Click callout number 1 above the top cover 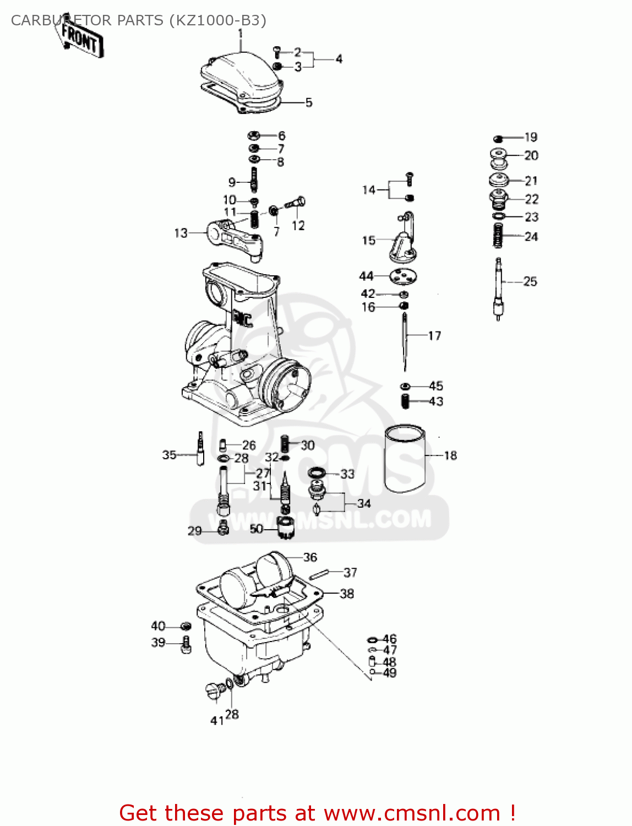click(x=240, y=34)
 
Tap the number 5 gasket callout click(x=309, y=102)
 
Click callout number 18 click(x=450, y=455)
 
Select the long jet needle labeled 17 click(x=405, y=341)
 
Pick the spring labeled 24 click(x=498, y=236)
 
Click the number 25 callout click(x=530, y=281)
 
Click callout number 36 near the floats click(x=310, y=557)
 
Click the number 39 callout click(x=158, y=643)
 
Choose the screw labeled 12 click(x=295, y=203)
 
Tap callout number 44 click(x=366, y=276)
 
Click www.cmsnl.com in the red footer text click(x=412, y=813)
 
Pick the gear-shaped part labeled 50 click(x=285, y=529)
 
